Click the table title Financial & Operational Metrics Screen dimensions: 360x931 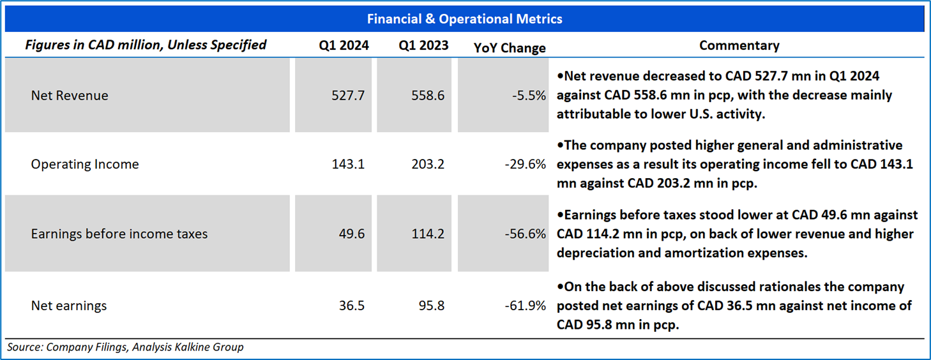coord(464,19)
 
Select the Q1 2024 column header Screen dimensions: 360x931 coord(344,45)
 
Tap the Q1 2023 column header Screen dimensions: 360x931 coord(423,45)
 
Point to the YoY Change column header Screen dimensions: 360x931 coord(510,48)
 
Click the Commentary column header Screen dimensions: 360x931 coord(739,45)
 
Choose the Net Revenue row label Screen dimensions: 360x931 coord(70,96)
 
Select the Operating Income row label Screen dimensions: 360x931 coord(85,164)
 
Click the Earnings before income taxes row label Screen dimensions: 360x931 coord(119,234)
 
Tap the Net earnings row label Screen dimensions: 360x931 coord(69,306)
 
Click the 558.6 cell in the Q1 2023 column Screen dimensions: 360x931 coord(428,96)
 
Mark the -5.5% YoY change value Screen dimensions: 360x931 coord(529,96)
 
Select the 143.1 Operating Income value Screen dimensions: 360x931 coord(349,164)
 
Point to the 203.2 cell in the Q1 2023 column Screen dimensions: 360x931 coord(428,164)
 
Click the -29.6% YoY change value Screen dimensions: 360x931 coord(526,164)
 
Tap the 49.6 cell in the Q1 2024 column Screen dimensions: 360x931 coord(352,234)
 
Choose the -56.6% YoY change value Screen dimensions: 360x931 coord(526,234)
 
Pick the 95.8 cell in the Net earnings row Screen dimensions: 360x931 coord(432,306)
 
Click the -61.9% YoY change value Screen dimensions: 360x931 coord(526,306)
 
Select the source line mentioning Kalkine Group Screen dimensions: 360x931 coord(126,347)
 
